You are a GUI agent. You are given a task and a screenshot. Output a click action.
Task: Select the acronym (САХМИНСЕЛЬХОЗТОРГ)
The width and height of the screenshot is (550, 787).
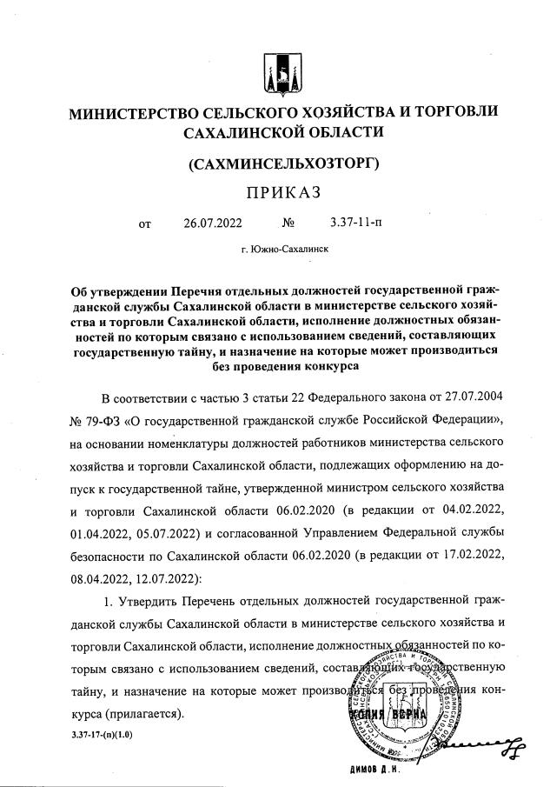click(274, 163)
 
